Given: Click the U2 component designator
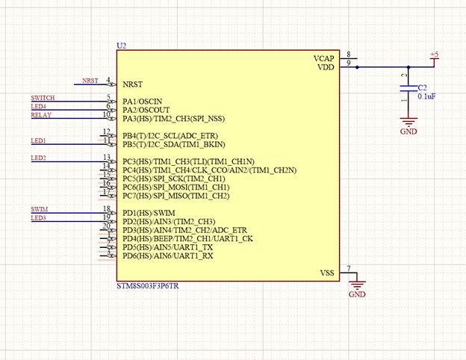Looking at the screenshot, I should [x=122, y=46].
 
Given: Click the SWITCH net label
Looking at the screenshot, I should [x=43, y=98].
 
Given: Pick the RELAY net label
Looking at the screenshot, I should [x=40, y=115].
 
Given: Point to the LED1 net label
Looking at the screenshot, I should [x=38, y=140].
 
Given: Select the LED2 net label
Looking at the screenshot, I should [x=38, y=158].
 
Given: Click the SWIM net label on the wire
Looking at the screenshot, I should [x=40, y=209].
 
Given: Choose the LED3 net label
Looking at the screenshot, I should [x=38, y=218].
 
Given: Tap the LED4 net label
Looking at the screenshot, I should [x=38, y=107].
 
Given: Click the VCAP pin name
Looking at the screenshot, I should [x=323, y=58].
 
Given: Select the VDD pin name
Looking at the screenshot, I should [x=326, y=67].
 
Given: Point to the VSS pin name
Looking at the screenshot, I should [x=327, y=273].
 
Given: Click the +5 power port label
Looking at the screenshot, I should [x=435, y=55].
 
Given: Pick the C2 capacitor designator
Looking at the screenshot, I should [x=423, y=87].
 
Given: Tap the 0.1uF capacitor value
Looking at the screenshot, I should [x=427, y=97].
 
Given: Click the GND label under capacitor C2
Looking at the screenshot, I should [x=408, y=131].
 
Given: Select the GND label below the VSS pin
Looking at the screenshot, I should [x=357, y=294].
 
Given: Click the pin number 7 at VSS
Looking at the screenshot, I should [x=349, y=268].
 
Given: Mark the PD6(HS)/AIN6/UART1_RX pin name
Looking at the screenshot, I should [x=167, y=256].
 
